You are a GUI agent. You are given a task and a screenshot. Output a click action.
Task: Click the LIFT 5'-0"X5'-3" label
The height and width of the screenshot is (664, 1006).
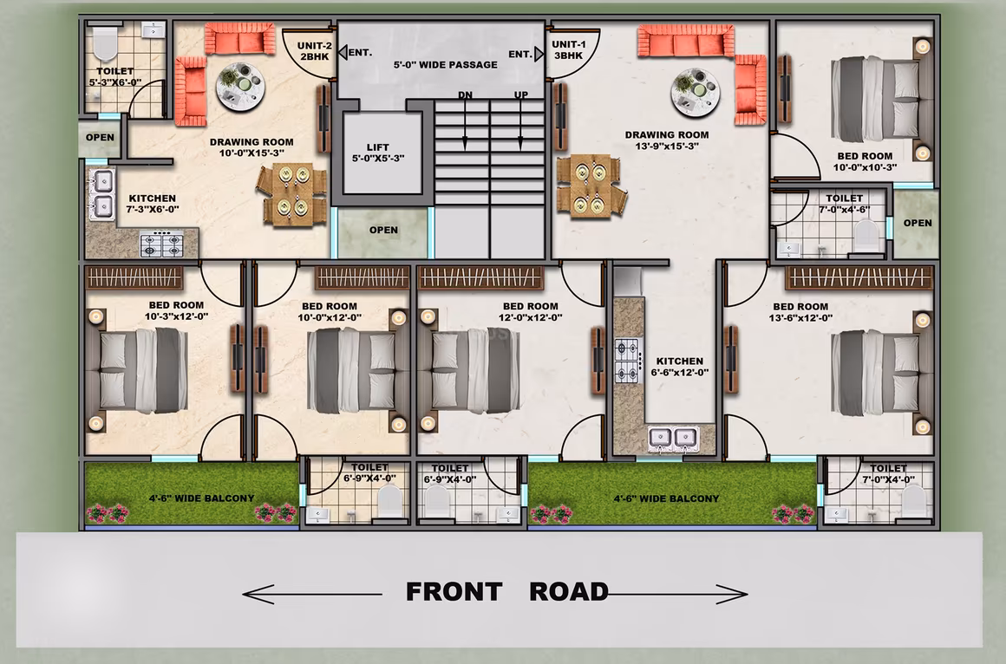[x=378, y=153]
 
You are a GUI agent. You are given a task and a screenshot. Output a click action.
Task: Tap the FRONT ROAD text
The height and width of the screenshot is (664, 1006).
[x=506, y=591]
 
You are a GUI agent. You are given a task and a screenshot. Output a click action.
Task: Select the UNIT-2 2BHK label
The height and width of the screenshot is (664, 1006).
[x=314, y=50]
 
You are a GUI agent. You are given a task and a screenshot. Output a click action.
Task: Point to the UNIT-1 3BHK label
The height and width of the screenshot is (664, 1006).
[x=568, y=50]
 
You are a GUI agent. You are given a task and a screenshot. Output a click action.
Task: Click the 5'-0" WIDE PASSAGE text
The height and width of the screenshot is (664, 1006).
[x=445, y=65]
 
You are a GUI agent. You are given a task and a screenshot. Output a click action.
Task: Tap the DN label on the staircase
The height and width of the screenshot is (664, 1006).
[x=465, y=95]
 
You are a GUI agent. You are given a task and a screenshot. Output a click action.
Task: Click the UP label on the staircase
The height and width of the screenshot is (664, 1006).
[x=521, y=95]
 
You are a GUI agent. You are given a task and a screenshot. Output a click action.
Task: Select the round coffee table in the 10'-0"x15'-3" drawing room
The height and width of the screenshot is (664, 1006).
[x=240, y=87]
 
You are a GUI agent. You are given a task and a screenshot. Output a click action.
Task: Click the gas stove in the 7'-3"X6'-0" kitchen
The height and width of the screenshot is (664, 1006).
[x=161, y=244]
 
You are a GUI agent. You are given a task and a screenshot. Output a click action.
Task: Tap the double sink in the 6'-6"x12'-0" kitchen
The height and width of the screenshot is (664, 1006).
[x=673, y=439]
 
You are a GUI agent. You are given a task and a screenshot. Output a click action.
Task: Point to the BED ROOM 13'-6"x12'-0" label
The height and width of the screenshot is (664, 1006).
[x=800, y=312]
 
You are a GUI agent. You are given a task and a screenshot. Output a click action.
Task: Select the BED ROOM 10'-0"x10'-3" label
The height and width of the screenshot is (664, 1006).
[x=865, y=162]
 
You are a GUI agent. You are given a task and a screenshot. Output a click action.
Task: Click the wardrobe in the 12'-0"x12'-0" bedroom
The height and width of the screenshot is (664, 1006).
[x=480, y=277]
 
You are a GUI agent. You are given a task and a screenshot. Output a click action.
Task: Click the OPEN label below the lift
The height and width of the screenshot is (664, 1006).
[x=383, y=230]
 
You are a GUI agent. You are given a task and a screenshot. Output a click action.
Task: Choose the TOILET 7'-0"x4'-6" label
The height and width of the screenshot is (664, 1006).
[x=845, y=204]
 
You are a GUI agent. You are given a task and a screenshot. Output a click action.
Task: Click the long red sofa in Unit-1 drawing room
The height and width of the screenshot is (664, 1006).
[x=686, y=41]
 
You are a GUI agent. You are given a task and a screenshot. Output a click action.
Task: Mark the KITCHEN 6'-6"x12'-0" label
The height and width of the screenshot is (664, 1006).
[x=679, y=367]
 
